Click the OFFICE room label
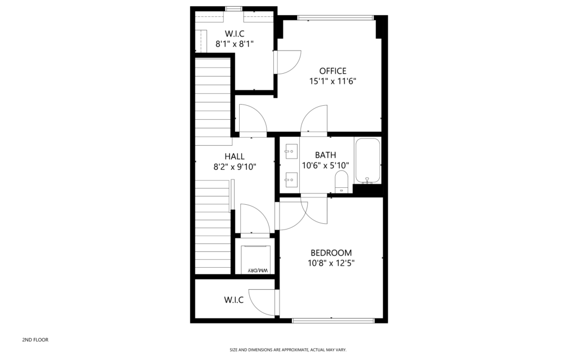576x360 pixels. [332, 71]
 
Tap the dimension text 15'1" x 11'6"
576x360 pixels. [332, 81]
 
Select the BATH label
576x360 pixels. [326, 155]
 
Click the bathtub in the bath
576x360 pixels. [367, 160]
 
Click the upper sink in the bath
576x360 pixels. [291, 151]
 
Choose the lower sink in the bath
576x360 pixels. [291, 179]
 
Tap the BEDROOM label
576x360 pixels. [331, 253]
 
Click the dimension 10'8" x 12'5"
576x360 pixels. [331, 263]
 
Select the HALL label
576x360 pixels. [235, 156]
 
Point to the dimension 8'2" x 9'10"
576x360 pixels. [235, 166]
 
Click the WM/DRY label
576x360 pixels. [258, 271]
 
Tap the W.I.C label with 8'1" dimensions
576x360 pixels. [235, 34]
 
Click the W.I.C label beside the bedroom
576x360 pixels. [233, 300]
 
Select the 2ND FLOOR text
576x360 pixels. [35, 340]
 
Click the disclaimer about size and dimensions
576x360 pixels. [288, 350]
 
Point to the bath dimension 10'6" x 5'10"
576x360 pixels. [326, 165]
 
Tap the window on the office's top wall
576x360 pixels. [335, 17]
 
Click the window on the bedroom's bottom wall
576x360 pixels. [333, 321]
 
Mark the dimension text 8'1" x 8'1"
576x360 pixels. [235, 44]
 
